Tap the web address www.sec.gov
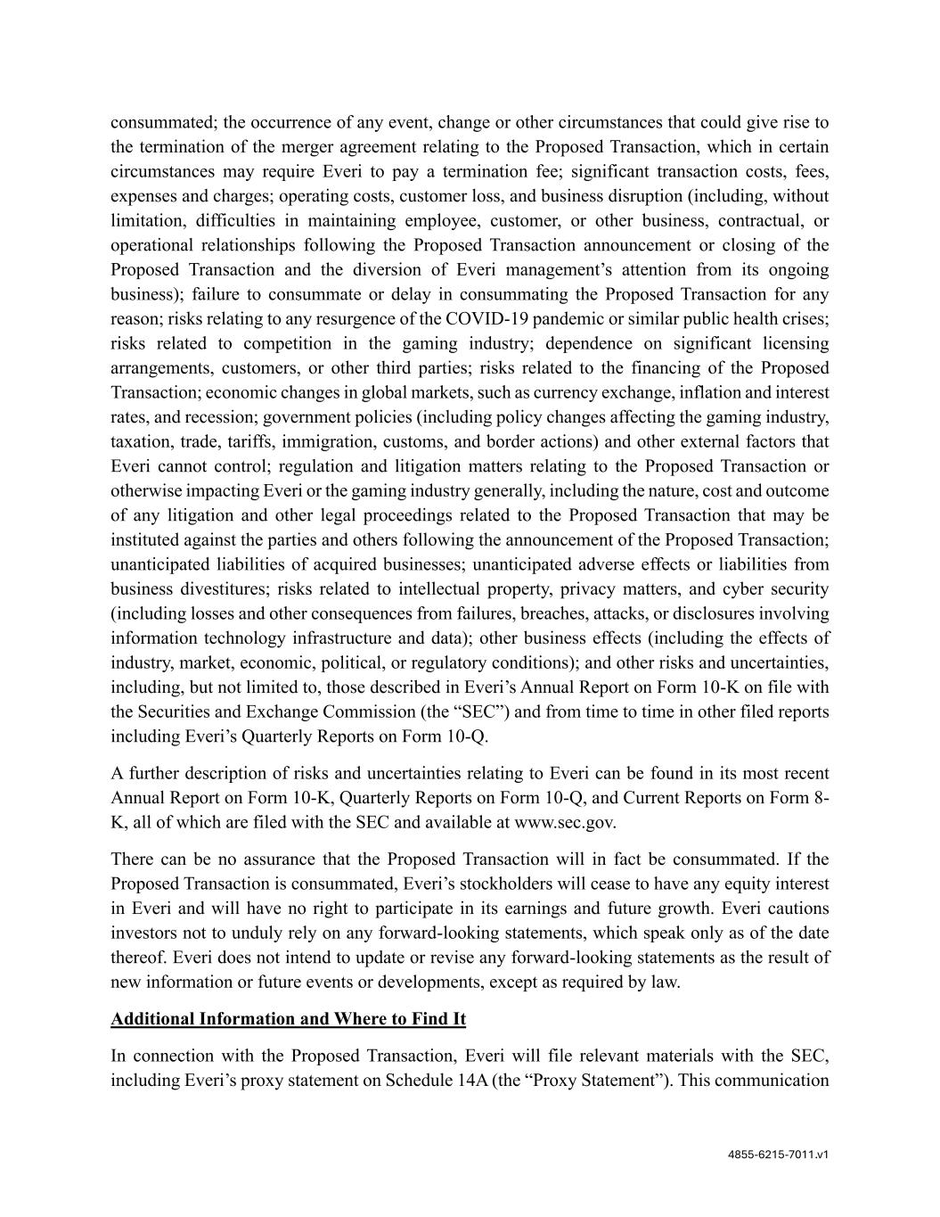click(x=564, y=822)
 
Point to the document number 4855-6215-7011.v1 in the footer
click(x=778, y=1154)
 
